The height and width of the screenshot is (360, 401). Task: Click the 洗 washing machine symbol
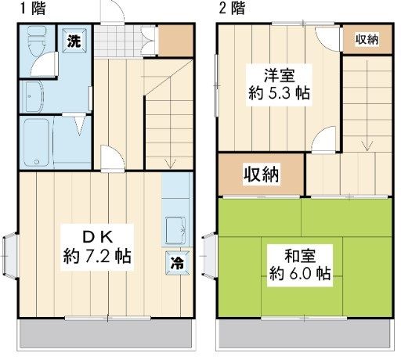click(x=73, y=41)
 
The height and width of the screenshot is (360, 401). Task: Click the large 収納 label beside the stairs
click(x=260, y=175)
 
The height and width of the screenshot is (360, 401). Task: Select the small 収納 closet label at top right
click(x=367, y=39)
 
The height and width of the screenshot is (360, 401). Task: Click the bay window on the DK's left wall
click(x=9, y=255)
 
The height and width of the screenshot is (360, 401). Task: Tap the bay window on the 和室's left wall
click(x=209, y=255)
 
